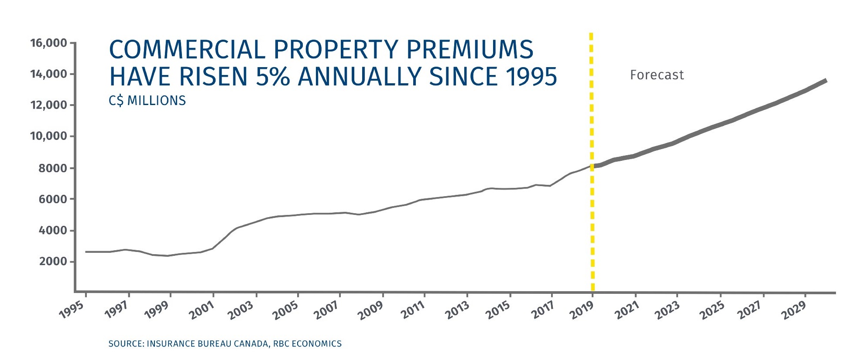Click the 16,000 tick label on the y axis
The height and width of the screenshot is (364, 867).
48,43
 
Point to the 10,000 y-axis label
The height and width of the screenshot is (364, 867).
48,136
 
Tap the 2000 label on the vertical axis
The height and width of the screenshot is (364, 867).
53,262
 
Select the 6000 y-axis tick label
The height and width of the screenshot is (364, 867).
53,199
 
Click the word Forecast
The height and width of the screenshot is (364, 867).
657,75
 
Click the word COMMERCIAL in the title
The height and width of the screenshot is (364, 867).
187,49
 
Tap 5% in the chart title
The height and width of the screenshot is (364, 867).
273,77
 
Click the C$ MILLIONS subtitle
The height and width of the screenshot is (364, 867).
147,101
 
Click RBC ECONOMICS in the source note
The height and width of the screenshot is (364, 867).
307,344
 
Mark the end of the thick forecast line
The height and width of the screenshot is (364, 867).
825,81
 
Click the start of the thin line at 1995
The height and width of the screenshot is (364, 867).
86,252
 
